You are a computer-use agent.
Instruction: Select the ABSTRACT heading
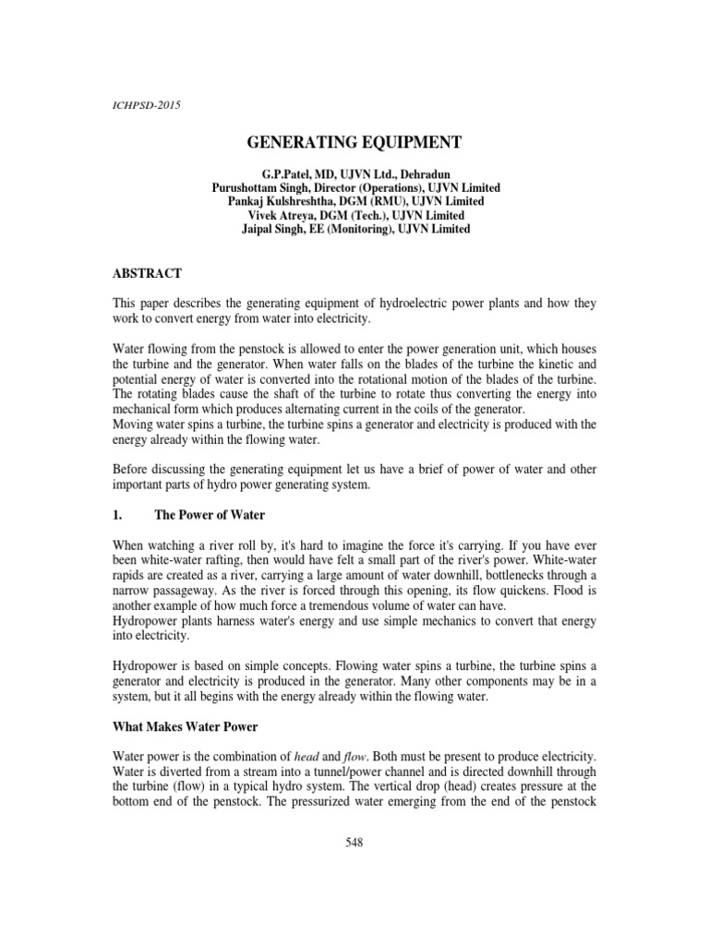pos(147,273)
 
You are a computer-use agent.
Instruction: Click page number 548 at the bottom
pos(355,843)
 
